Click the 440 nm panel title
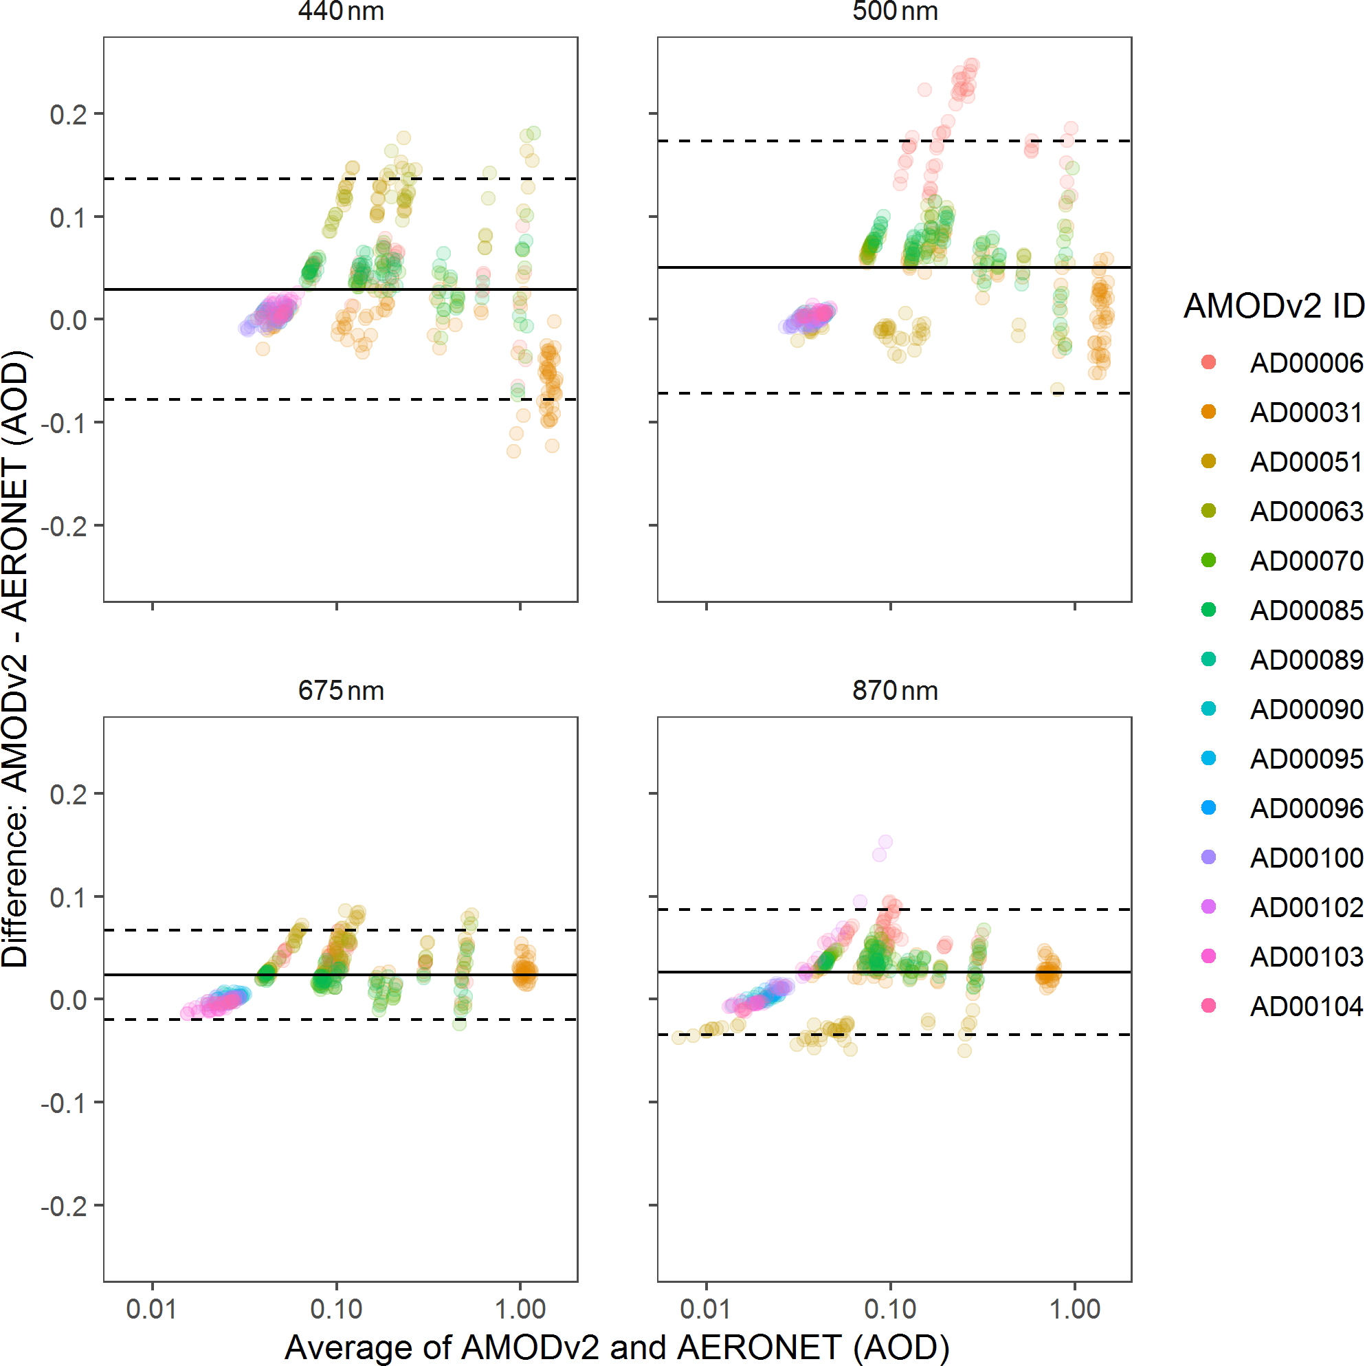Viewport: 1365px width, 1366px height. pos(341,11)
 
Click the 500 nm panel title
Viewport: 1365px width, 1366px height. pos(895,11)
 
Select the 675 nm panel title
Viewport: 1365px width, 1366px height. pos(341,690)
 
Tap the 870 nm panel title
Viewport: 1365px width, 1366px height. pos(895,690)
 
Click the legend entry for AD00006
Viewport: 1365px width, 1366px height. pos(1306,363)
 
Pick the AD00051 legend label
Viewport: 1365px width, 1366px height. pos(1306,462)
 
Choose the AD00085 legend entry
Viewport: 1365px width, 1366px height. pos(1306,610)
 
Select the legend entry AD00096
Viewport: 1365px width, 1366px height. pos(1306,808)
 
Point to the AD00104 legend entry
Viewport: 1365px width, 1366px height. pos(1306,1006)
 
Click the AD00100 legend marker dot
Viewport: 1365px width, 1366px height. pos(1209,857)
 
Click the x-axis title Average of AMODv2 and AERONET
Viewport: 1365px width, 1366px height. pos(617,1347)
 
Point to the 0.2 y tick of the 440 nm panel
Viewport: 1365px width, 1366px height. pos(68,114)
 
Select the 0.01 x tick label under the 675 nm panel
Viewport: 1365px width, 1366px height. pos(151,1310)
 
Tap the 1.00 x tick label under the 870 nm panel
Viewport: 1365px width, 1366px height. pos(1074,1310)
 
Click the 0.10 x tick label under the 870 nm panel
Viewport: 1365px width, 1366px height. pos(890,1310)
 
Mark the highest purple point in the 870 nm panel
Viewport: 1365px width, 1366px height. pos(885,841)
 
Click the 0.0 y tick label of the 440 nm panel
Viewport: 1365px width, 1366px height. pos(68,320)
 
